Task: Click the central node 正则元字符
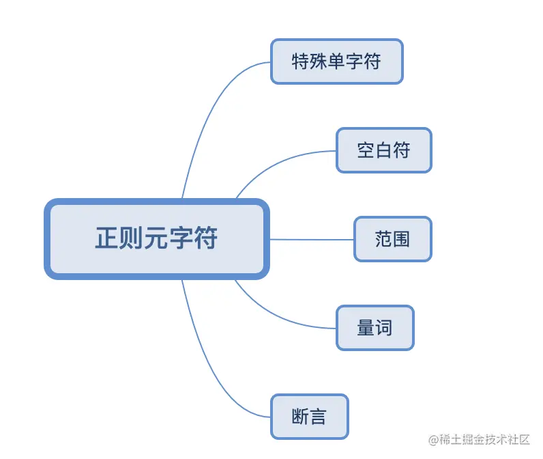coord(157,239)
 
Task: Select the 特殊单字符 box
coord(336,61)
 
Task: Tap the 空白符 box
coord(383,150)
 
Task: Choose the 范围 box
coord(392,239)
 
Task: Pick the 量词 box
coord(375,328)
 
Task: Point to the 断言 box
coord(309,417)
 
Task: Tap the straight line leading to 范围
coord(311,240)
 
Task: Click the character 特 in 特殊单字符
coord(300,61)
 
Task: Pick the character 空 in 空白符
coord(366,150)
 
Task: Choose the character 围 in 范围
coord(401,239)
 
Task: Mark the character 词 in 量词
coord(384,328)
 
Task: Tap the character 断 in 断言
coord(300,417)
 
